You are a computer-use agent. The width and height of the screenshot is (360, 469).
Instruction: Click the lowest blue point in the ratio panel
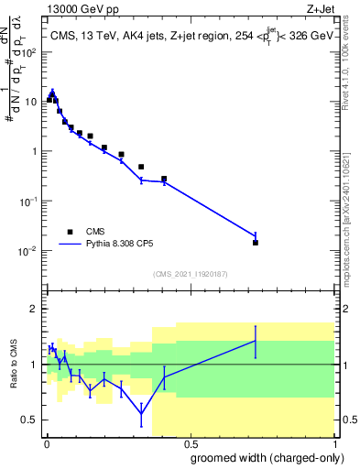(141, 413)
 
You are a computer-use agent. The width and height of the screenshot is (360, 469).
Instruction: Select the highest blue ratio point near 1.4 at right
(256, 341)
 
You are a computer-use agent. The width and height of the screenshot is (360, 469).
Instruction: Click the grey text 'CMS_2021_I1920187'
(190, 274)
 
